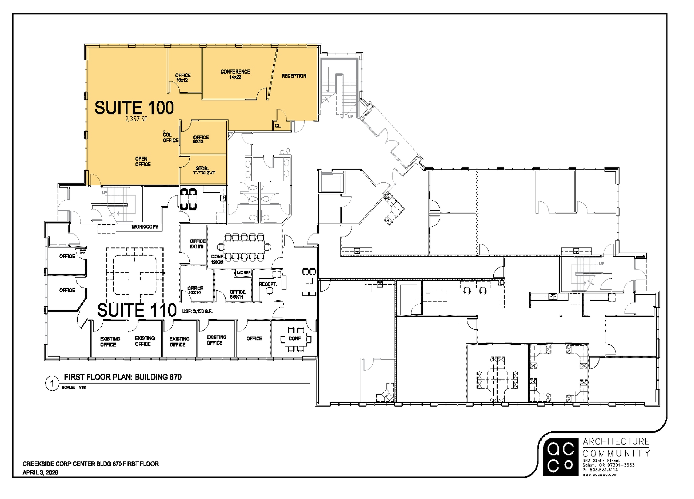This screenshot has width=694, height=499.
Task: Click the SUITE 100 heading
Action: pyautogui.click(x=134, y=108)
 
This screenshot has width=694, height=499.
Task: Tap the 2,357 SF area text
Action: pyautogui.click(x=136, y=119)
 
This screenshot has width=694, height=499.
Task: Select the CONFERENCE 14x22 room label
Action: pyautogui.click(x=235, y=74)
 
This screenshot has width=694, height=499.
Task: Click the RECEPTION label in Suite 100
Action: pyautogui.click(x=294, y=76)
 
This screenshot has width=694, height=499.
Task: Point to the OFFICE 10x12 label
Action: pyautogui.click(x=183, y=78)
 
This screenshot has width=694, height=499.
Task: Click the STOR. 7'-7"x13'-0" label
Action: pyautogui.click(x=204, y=171)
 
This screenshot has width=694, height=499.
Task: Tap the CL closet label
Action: pyautogui.click(x=278, y=126)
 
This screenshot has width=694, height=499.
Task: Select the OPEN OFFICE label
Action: pyautogui.click(x=143, y=161)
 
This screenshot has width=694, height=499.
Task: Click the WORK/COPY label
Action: pyautogui.click(x=145, y=227)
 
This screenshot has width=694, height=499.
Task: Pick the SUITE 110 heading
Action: pyautogui.click(x=137, y=310)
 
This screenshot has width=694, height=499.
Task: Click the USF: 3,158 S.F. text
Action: pyautogui.click(x=198, y=311)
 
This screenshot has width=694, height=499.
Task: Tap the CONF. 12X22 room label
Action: pyautogui.click(x=218, y=259)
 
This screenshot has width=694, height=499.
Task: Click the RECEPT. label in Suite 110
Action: pyautogui.click(x=268, y=284)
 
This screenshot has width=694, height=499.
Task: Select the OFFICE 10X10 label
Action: pyautogui.click(x=195, y=290)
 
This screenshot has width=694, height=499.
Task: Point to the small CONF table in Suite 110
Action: pyautogui.click(x=294, y=338)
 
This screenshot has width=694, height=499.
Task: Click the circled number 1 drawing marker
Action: pyautogui.click(x=52, y=384)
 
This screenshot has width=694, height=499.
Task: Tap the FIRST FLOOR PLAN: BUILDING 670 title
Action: pyautogui.click(x=123, y=377)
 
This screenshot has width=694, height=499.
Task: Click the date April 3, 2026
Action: pyautogui.click(x=40, y=472)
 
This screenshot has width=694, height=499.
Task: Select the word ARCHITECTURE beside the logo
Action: pyautogui.click(x=616, y=441)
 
